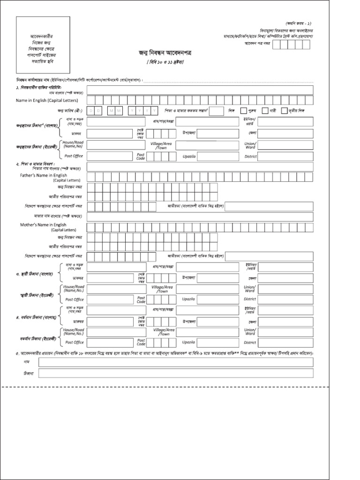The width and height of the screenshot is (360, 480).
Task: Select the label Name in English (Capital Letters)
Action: pos(47,100)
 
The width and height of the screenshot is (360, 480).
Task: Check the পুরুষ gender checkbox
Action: pos(243,111)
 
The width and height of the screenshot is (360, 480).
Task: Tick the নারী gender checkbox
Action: pos(265,111)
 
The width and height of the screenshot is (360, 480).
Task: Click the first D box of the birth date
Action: pos(92,111)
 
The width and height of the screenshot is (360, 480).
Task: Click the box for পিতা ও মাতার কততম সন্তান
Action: pos(216,111)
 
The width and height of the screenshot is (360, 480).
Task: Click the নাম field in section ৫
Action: pos(176,362)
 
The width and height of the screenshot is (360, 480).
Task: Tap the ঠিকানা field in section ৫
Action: pos(176,373)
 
